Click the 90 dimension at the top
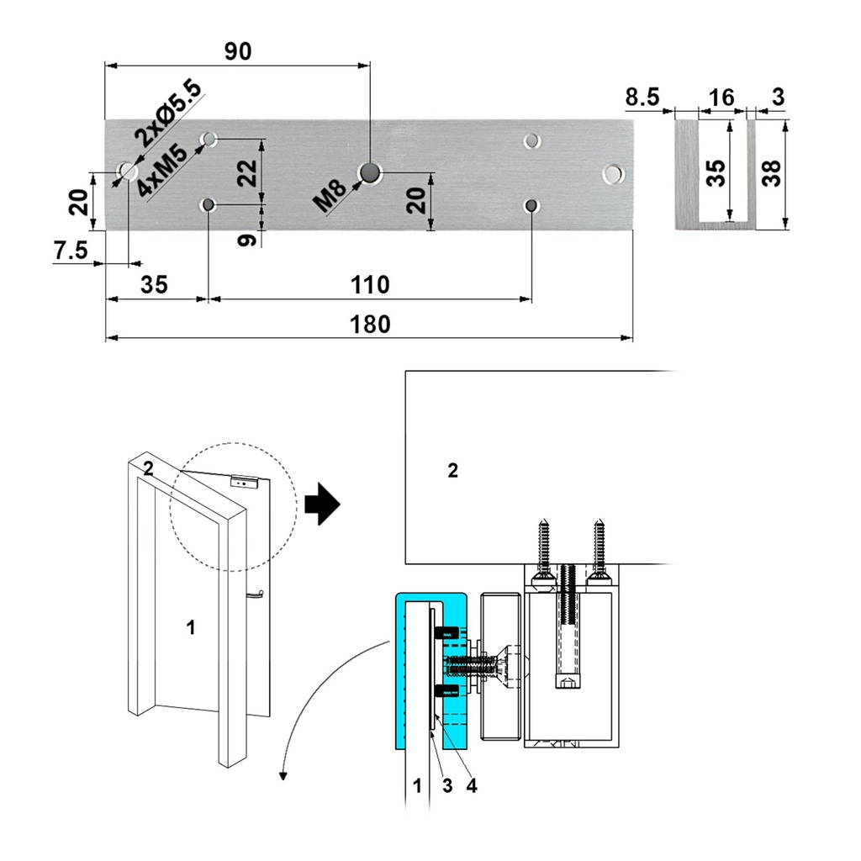(x=238, y=51)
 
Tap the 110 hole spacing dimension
(x=370, y=285)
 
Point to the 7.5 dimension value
(x=71, y=251)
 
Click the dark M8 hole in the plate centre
(x=369, y=172)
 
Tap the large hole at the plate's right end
(x=614, y=174)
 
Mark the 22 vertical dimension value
(x=246, y=172)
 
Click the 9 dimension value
(x=246, y=240)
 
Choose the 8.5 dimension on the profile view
(x=642, y=98)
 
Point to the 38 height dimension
(x=771, y=173)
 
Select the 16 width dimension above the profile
(x=721, y=98)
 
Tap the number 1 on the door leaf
(x=191, y=626)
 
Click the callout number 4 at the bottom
(x=472, y=785)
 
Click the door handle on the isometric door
(x=256, y=595)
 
